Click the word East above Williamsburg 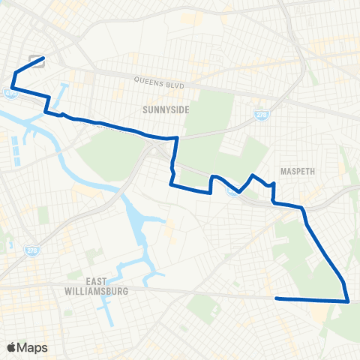(x=96, y=281)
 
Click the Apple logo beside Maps (x=12, y=347)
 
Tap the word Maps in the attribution (x=33, y=347)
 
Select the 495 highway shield (x=10, y=94)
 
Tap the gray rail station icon (x=35, y=61)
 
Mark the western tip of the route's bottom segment (x=277, y=298)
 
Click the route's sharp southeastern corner (x=348, y=301)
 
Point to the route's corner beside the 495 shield (x=13, y=88)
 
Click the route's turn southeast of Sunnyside (x=176, y=139)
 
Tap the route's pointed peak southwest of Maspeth (x=253, y=175)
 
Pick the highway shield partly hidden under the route (x=235, y=191)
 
